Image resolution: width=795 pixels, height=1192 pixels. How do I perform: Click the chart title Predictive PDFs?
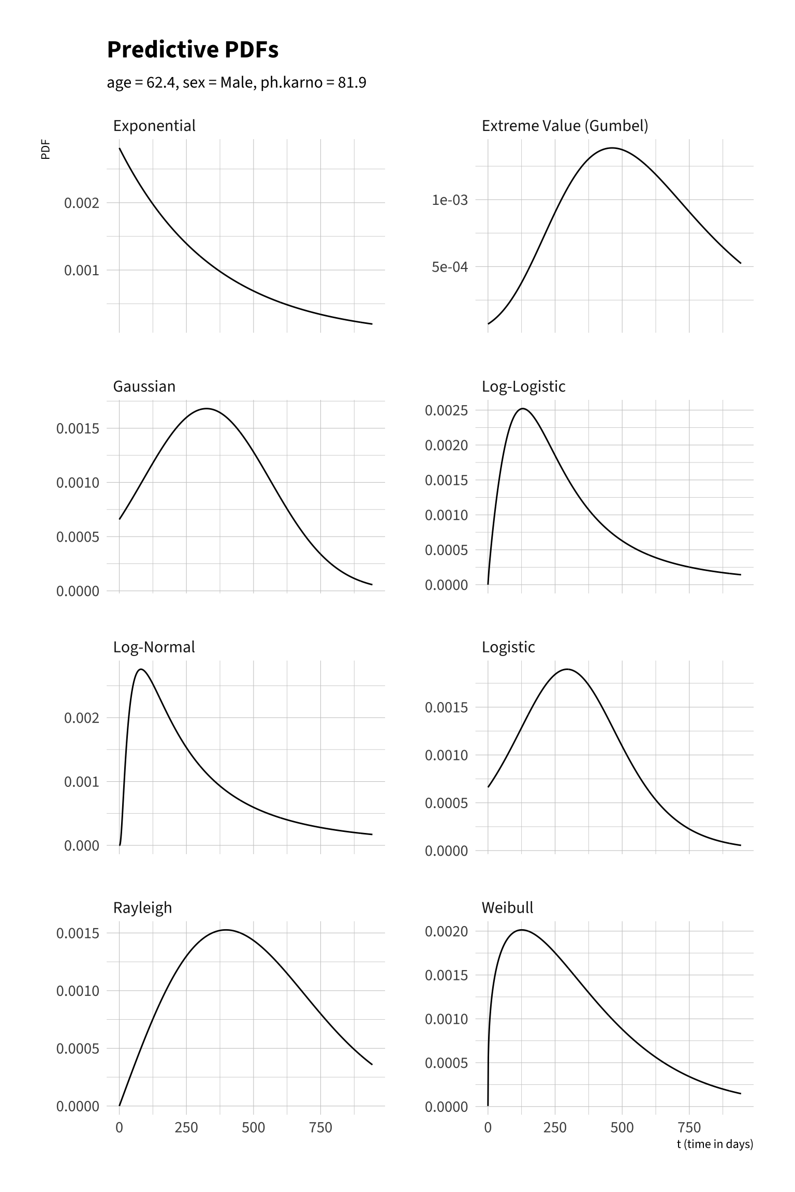[193, 50]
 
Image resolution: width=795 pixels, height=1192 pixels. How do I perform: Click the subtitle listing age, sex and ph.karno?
[237, 83]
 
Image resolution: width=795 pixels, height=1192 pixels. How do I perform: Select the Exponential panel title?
[154, 126]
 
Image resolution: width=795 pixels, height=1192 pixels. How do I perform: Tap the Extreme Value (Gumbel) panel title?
[565, 126]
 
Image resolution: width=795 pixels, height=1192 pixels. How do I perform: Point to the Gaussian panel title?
[144, 386]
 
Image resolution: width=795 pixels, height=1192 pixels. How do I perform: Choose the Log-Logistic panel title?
[523, 386]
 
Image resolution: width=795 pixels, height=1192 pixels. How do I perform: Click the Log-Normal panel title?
[154, 647]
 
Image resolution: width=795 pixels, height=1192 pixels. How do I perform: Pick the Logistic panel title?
[508, 647]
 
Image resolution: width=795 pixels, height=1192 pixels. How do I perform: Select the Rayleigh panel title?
[142, 908]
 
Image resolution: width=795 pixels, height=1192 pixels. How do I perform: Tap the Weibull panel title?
[507, 908]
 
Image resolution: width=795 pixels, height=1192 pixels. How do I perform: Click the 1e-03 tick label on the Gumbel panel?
[450, 200]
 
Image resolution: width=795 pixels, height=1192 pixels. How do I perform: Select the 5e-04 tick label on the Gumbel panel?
[450, 267]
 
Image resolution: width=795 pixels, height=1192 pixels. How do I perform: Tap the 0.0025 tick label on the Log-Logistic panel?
[446, 411]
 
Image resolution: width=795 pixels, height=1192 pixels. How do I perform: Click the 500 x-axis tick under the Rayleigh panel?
[253, 1128]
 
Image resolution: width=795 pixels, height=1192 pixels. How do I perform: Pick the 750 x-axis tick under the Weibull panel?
[689, 1128]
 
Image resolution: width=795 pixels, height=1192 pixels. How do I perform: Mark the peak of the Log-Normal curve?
[141, 669]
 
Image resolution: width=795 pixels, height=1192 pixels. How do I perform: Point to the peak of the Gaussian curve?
[207, 409]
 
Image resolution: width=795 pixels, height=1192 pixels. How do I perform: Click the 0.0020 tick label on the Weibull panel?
[446, 932]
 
